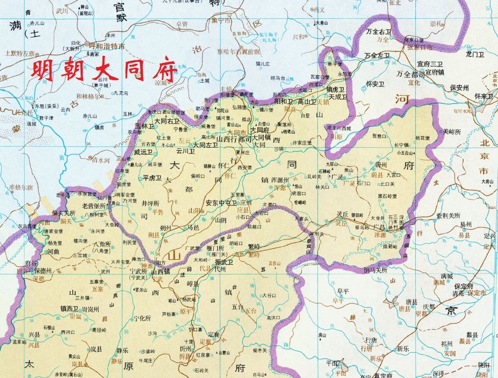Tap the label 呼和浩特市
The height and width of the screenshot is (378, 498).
(x=106, y=47)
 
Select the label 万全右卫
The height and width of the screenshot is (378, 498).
(x=378, y=32)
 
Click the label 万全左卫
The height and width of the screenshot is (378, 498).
(x=377, y=55)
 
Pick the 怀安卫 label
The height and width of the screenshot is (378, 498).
(x=376, y=84)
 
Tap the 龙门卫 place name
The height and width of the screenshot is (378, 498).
(x=475, y=54)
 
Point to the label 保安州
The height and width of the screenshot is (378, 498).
(x=460, y=87)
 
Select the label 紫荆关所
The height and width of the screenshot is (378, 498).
(x=447, y=215)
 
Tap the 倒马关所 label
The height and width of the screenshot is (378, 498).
(x=376, y=270)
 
